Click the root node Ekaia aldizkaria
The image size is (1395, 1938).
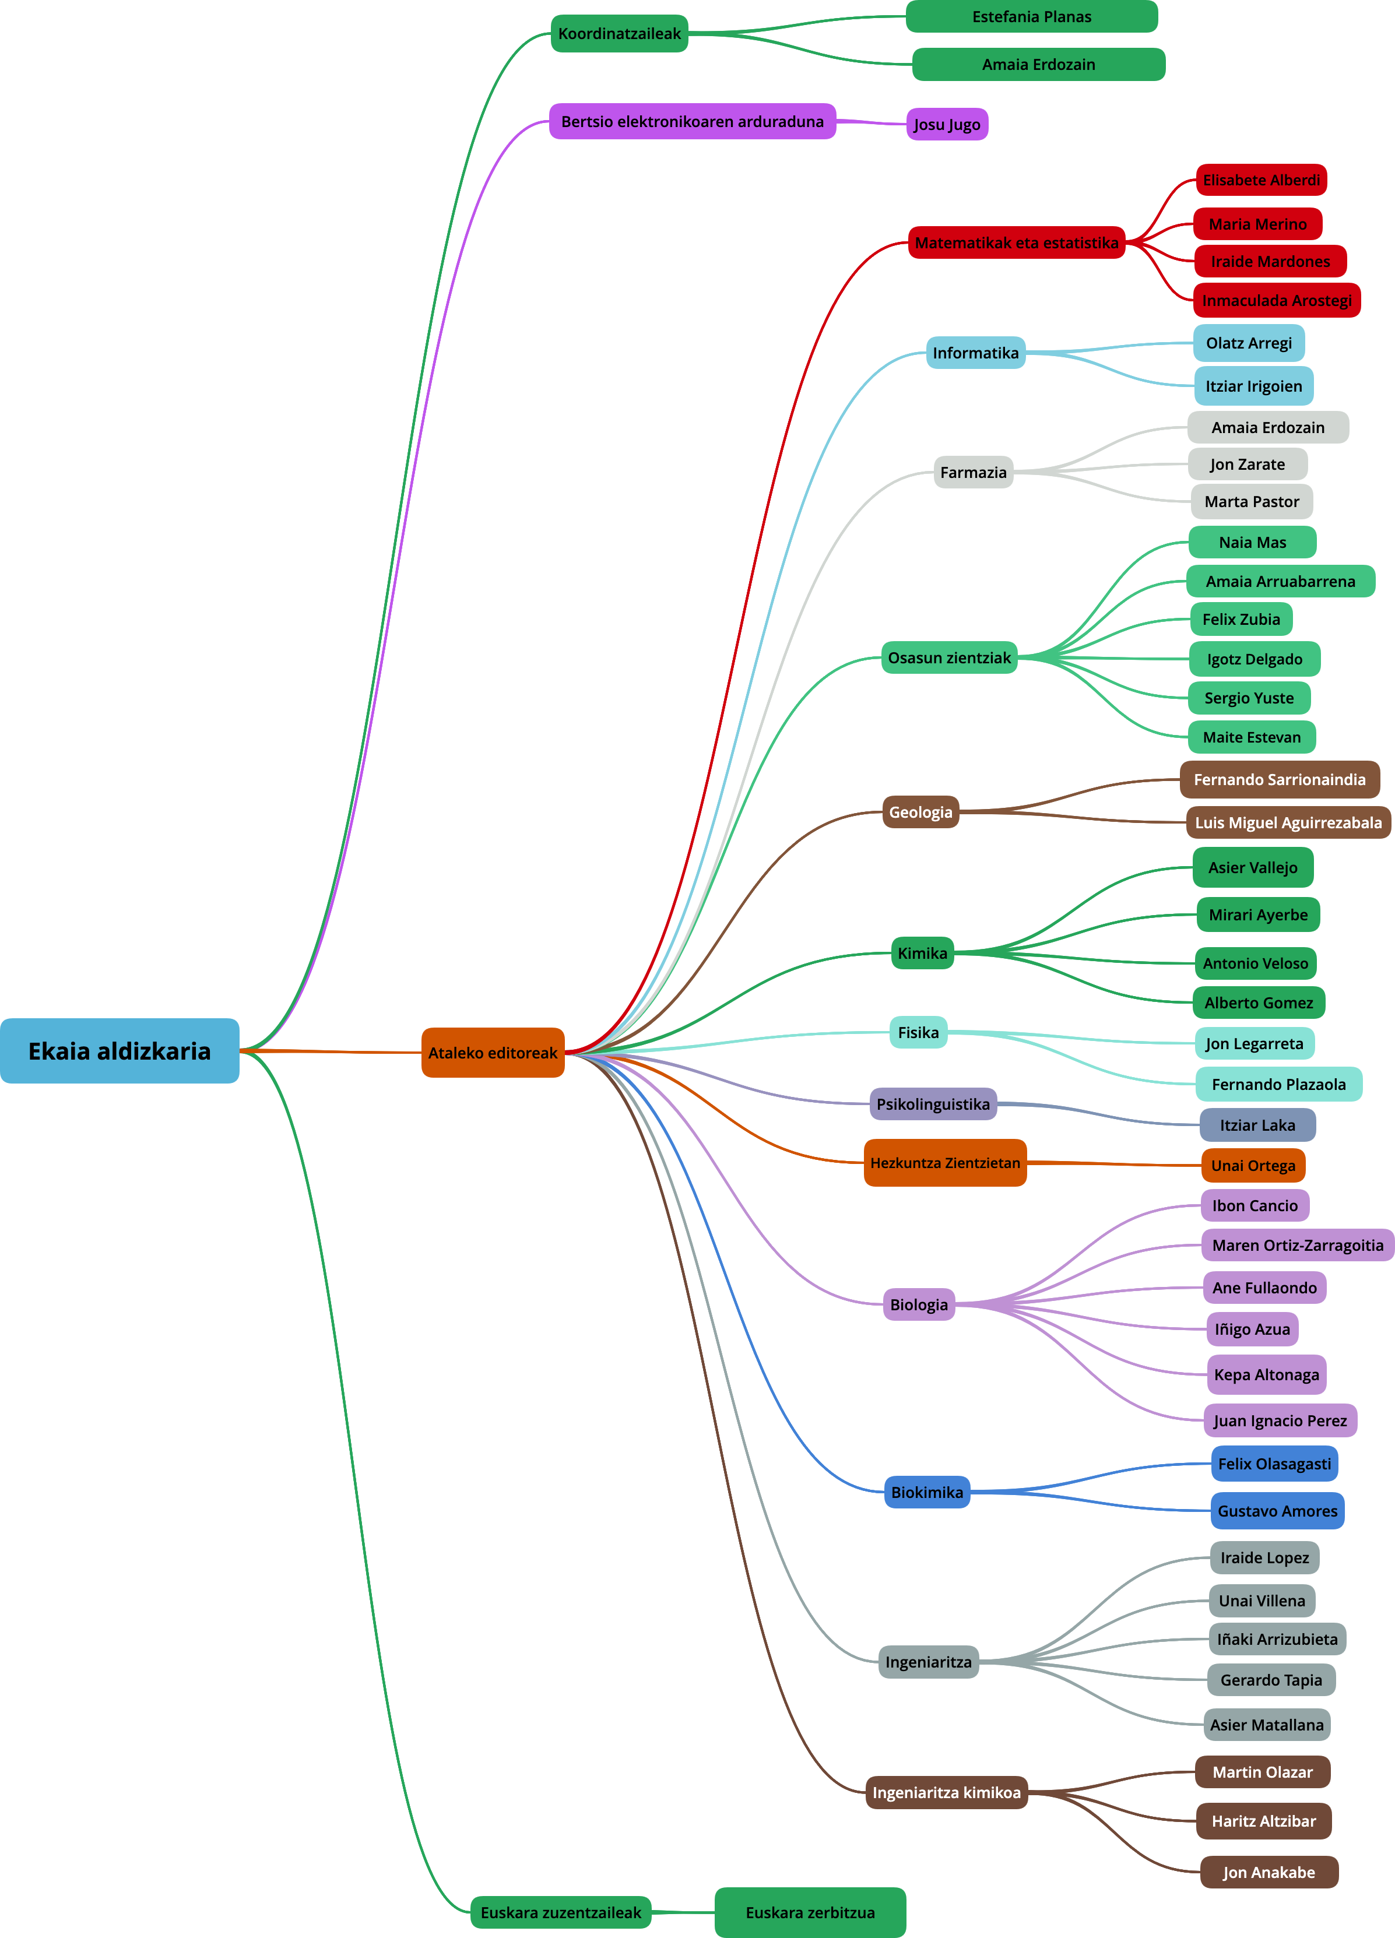tap(120, 1050)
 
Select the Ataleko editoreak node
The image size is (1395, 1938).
tap(493, 1053)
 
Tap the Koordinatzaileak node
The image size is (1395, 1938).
tap(619, 33)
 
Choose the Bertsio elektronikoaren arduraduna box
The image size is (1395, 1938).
tap(693, 121)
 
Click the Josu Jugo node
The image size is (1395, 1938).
tap(947, 124)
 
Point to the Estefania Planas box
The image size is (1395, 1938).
tap(1032, 16)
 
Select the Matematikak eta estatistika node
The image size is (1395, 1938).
tap(1016, 242)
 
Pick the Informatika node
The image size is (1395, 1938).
tap(975, 353)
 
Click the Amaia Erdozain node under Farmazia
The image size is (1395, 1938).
tap(1268, 427)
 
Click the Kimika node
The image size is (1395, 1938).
tap(922, 953)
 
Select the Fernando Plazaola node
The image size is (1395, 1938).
tap(1279, 1084)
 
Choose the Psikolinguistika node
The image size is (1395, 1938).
tap(933, 1104)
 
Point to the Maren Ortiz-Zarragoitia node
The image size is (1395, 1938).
tap(1298, 1245)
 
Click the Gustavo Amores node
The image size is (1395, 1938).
tap(1277, 1511)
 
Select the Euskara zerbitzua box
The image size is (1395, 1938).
tap(810, 1912)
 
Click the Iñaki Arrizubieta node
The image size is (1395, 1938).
tap(1277, 1639)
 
